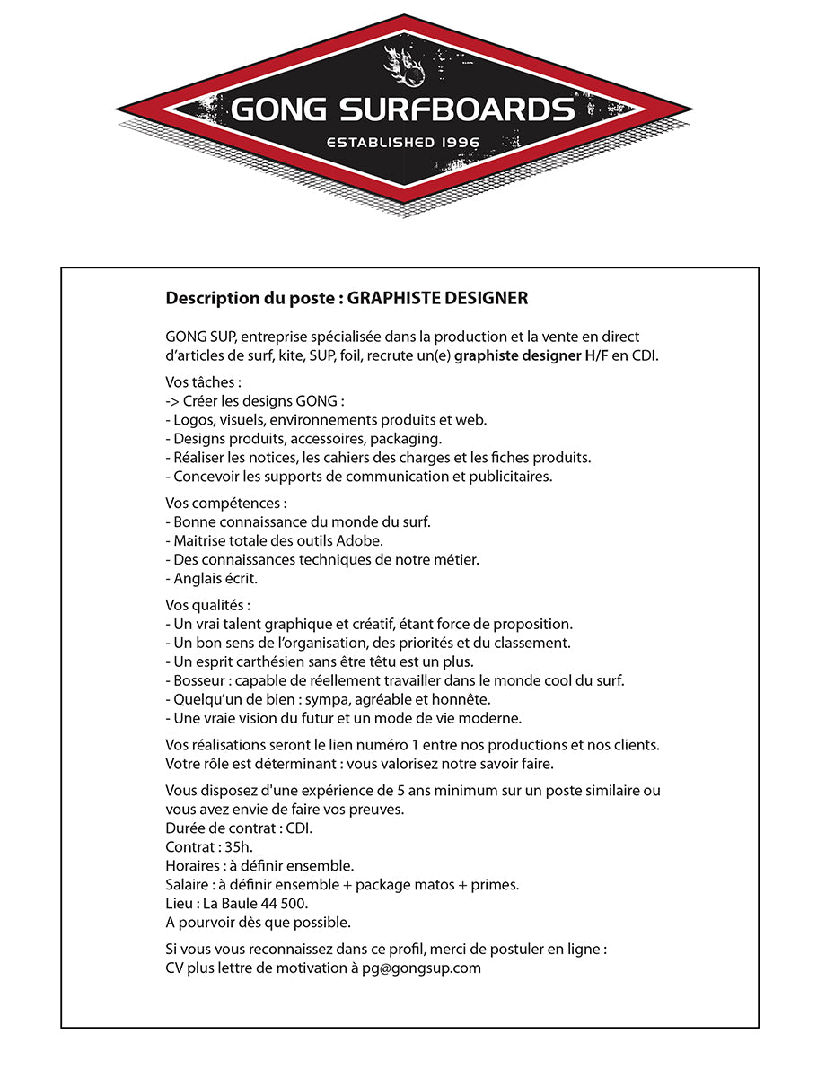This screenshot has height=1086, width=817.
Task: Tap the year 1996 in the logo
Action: coord(461,142)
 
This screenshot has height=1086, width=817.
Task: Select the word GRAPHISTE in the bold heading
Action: coord(391,298)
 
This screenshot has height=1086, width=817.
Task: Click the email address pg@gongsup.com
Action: coord(421,968)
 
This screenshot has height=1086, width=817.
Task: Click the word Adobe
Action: coord(360,540)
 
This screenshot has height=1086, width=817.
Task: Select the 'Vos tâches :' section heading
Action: coord(191,381)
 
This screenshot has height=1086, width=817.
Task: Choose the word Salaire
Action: coord(187,885)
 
